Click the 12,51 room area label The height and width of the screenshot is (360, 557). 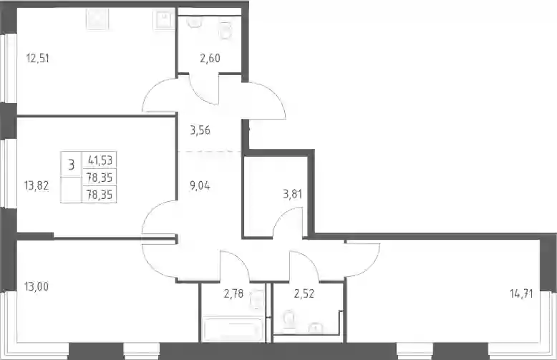[x=38, y=58]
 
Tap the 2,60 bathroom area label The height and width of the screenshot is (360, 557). [x=210, y=58]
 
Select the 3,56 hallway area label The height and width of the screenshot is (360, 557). [x=200, y=130]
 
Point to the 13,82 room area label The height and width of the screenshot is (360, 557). [x=37, y=185]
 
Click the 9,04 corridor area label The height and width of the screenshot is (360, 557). [x=200, y=185]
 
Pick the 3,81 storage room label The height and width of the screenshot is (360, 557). [x=292, y=194]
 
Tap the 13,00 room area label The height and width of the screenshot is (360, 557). [x=37, y=286]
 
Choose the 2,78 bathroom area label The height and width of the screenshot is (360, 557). [x=233, y=293]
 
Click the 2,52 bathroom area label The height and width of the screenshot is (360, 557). [x=304, y=293]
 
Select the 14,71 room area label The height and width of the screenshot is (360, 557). [x=521, y=293]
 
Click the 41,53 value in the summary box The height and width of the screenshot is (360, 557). [x=100, y=160]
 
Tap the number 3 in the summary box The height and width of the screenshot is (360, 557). [x=72, y=165]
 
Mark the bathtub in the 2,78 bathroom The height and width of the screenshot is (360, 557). [x=233, y=329]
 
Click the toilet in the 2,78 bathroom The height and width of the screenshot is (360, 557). [x=257, y=298]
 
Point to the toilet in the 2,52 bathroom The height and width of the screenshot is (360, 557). [x=289, y=319]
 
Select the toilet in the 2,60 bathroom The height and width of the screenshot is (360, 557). [x=226, y=30]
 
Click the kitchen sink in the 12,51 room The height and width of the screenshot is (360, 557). [x=163, y=19]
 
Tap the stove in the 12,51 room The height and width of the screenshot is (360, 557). [x=97, y=19]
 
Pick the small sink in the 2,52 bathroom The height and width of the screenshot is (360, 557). [x=314, y=329]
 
